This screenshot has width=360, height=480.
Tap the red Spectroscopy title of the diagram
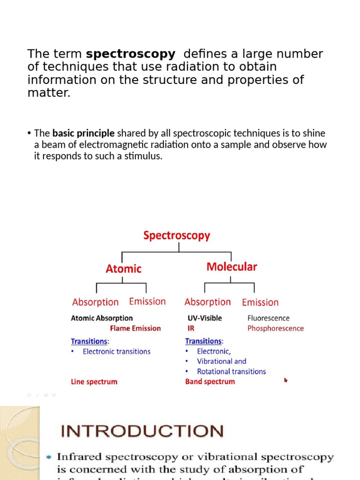click(177, 236)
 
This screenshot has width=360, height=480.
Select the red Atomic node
click(123, 269)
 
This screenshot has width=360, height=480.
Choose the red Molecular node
click(232, 267)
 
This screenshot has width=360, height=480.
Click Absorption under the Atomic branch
click(95, 302)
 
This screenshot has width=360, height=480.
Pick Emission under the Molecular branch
click(260, 302)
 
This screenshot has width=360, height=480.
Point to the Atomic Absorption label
click(102, 318)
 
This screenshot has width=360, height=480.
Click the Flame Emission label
click(135, 329)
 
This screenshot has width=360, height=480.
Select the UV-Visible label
click(205, 318)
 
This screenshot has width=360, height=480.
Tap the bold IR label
click(191, 329)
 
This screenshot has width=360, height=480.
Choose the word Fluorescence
click(269, 318)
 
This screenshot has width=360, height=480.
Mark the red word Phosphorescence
click(276, 329)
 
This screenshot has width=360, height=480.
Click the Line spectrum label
click(94, 382)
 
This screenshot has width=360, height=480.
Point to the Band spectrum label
click(210, 382)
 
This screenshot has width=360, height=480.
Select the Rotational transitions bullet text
click(231, 372)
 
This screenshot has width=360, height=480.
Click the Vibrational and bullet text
click(221, 361)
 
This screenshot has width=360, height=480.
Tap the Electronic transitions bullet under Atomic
click(116, 352)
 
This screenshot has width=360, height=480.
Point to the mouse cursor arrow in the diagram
click(286, 380)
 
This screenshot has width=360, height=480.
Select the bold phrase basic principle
click(83, 134)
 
